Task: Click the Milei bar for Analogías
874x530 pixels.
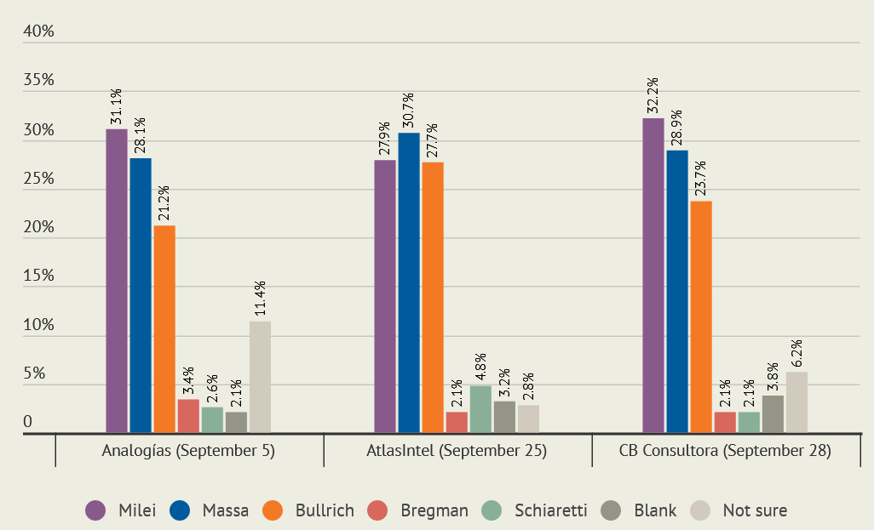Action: coord(117,281)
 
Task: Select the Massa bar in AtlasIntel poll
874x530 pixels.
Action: coord(409,283)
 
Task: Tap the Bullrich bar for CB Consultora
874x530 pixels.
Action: coord(701,316)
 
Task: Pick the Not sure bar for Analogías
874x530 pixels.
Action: coord(260,377)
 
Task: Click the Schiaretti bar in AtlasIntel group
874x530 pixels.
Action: coord(480,409)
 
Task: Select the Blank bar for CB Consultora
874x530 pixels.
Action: coord(773,414)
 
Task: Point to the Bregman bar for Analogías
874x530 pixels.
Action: coord(188,416)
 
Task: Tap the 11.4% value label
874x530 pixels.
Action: coord(260,299)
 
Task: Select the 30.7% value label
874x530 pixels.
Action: coord(409,111)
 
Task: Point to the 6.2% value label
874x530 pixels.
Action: coord(796,353)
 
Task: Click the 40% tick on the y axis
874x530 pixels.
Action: coord(39,31)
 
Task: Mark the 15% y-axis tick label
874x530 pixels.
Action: coord(39,276)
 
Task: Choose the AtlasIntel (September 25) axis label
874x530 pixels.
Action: coord(458,451)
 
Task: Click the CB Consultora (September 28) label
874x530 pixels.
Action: coord(725,451)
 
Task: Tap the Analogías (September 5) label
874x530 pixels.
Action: coord(189,451)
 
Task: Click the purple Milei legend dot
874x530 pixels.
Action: coord(95,510)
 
